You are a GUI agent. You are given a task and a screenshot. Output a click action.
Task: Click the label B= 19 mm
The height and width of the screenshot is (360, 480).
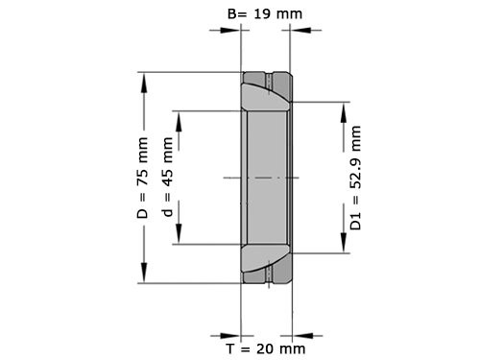click(263, 13)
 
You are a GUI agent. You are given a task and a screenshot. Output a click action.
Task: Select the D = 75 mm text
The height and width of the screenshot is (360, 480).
click(143, 179)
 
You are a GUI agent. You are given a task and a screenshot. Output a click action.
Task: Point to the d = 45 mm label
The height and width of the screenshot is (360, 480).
click(169, 179)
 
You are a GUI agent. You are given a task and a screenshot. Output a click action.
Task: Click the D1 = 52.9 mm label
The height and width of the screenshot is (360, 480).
click(356, 179)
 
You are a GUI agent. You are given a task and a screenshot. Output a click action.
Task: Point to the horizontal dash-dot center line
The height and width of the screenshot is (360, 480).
click(264, 179)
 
